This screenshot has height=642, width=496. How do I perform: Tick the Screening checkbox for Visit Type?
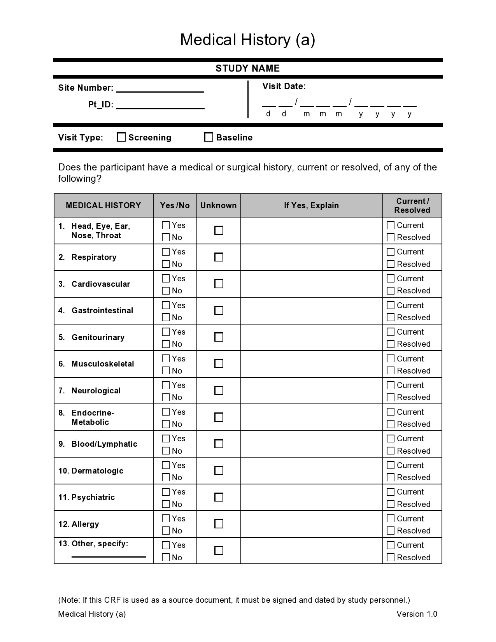tap(121, 137)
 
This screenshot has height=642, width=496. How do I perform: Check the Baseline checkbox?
tap(209, 137)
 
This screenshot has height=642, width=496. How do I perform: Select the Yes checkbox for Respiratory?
tap(166, 252)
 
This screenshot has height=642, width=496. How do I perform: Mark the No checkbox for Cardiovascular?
tap(166, 291)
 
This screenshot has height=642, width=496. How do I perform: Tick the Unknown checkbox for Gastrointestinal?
tap(219, 310)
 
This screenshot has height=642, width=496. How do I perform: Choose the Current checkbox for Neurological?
tap(391, 385)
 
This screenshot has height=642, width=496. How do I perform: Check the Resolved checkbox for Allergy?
tap(391, 531)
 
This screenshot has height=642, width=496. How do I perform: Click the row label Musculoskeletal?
tap(103, 364)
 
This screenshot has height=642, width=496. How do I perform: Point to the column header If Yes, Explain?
tap(311, 205)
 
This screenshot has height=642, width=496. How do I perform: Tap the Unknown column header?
tap(219, 205)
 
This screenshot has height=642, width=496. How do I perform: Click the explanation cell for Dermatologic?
tap(311, 471)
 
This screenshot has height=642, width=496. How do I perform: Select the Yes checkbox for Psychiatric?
tap(166, 492)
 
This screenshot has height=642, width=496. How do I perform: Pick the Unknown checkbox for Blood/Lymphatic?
tap(219, 444)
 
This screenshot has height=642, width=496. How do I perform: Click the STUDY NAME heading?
tap(248, 68)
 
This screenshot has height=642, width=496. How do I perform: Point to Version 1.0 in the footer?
tap(417, 614)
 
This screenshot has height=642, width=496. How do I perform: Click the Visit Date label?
tap(284, 86)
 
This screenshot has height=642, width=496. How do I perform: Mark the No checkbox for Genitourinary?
tap(166, 344)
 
